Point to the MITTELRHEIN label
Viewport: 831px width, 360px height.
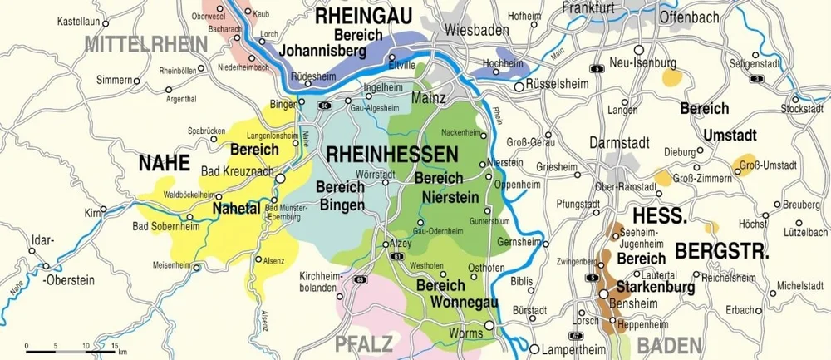(146, 44)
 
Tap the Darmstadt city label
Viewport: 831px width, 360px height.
(618, 143)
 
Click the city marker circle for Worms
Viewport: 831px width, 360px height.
(489, 325)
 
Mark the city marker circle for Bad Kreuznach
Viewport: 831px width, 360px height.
(281, 177)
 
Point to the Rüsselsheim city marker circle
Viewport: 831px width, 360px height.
(519, 86)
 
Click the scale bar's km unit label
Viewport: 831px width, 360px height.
(122, 352)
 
